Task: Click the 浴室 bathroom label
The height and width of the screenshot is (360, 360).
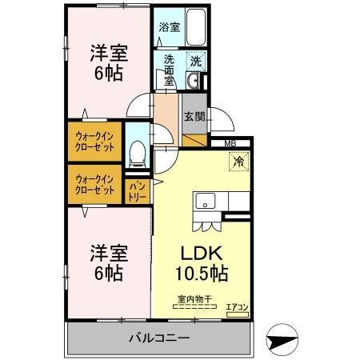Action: point(169,27)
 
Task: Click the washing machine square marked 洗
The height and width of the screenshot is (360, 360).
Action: point(195,60)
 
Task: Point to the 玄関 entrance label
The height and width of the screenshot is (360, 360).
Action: point(194,117)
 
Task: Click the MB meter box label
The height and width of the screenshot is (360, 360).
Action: point(230,144)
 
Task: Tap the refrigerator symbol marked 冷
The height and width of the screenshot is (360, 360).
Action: point(238,162)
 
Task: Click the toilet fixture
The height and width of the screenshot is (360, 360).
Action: point(137,151)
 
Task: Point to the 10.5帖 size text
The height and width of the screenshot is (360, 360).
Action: point(202,274)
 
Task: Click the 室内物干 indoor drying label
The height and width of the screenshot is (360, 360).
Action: point(194,300)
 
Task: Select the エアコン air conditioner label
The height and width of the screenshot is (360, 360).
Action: point(236,307)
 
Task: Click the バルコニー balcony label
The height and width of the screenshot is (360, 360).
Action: point(159,339)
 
